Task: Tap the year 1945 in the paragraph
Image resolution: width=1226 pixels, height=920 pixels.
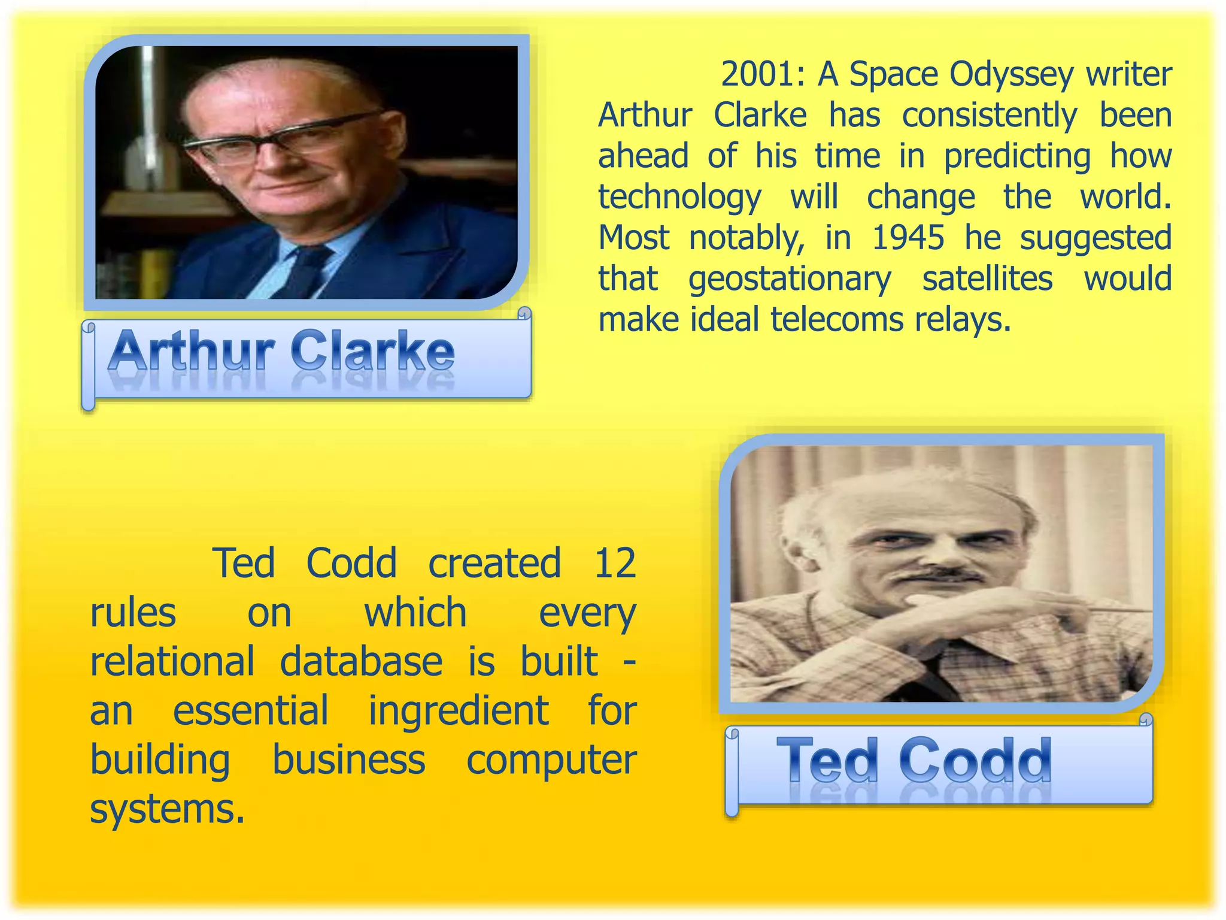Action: pos(908,238)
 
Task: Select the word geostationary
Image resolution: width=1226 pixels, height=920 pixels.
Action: pos(789,279)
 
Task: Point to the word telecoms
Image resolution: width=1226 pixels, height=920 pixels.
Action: pos(836,319)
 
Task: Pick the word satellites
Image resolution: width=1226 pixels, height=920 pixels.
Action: pos(987,279)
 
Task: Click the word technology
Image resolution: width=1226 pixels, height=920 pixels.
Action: pos(679,198)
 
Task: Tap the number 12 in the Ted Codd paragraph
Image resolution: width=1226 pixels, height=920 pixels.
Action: pos(614,563)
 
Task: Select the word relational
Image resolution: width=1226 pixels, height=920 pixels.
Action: pos(172,661)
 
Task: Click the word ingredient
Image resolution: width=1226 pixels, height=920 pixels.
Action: pos(458,711)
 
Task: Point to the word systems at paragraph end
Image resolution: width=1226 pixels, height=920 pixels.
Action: pos(167,810)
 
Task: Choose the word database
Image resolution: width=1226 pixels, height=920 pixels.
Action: pos(361,661)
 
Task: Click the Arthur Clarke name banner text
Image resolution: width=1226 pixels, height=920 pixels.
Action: pos(281,352)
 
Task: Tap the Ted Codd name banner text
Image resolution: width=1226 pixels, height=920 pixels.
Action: pos(914,761)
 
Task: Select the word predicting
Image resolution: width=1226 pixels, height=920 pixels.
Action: pos(1017,157)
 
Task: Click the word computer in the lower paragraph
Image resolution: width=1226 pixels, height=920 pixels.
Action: pos(551,760)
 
